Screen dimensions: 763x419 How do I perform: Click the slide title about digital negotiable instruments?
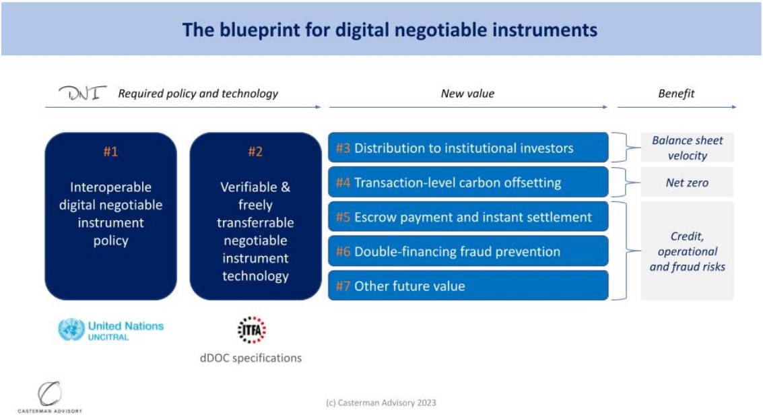pos(389,30)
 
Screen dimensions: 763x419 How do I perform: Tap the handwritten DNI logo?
pos(82,92)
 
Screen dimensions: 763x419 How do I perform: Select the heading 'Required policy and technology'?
pos(198,94)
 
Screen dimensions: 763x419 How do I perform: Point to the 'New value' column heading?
pos(467,94)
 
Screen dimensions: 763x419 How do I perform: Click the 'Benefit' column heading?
pos(676,94)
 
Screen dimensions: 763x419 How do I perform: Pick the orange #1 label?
pos(110,152)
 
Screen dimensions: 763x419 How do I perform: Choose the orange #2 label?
pos(255,152)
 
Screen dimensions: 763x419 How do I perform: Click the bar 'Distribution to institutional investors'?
pos(468,148)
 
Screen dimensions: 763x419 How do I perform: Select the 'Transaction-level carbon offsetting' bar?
pos(468,182)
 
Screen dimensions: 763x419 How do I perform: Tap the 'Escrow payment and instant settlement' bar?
pos(468,216)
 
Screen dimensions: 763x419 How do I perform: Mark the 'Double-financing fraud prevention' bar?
pos(468,251)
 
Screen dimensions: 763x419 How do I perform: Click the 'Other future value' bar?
pos(468,286)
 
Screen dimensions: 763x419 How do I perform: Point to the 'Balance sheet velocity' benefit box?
pos(687,148)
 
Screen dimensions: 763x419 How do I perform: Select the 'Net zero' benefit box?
pos(687,182)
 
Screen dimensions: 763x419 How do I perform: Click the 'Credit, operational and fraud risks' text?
pos(687,251)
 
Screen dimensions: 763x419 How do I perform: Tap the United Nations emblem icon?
pos(71,330)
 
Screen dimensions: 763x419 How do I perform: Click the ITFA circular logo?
pos(252,330)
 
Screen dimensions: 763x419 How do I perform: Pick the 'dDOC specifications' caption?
pos(251,358)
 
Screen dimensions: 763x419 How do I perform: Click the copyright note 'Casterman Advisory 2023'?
pos(381,403)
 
